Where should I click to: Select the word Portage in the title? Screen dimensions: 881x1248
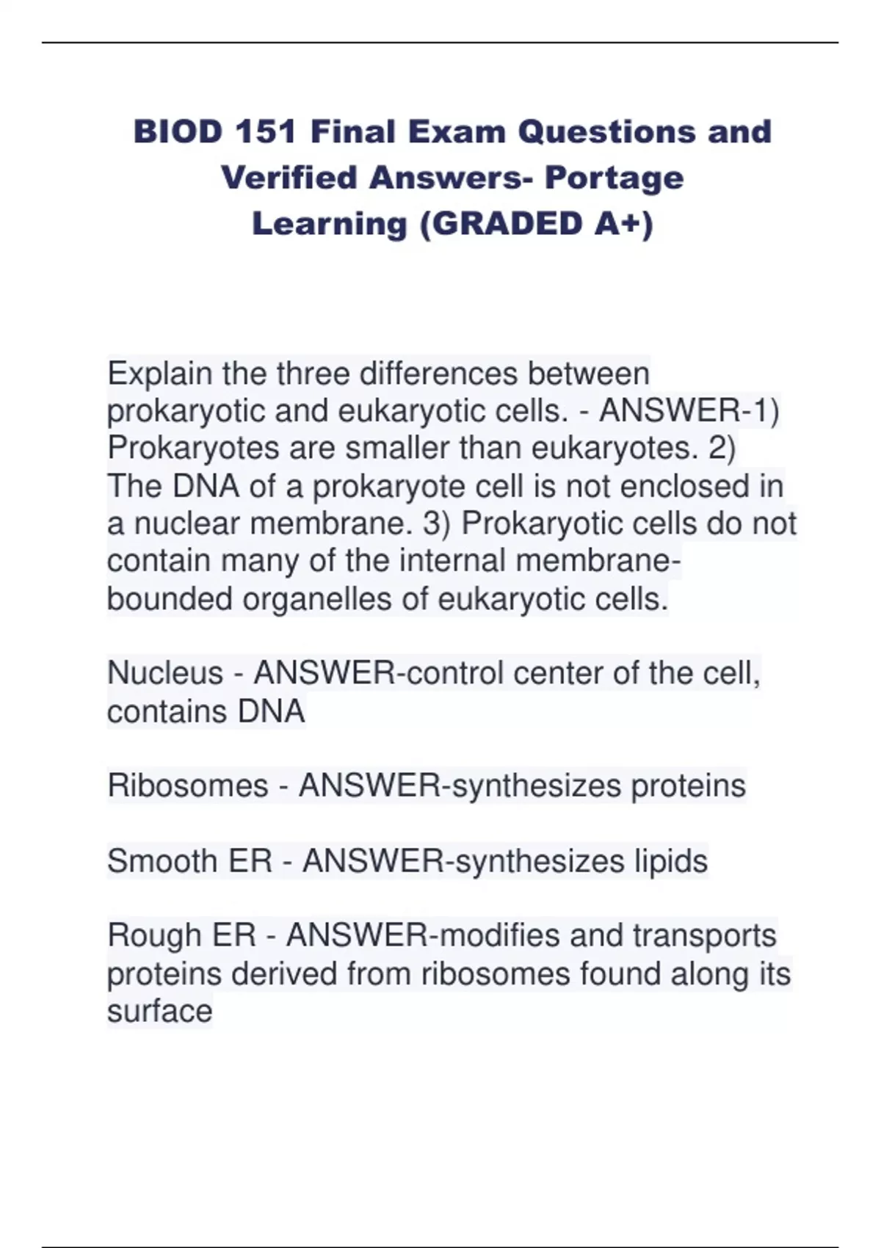click(614, 179)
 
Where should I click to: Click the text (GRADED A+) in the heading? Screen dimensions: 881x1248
click(536, 225)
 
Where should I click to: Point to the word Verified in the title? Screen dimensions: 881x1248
click(289, 178)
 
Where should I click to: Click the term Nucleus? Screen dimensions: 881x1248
click(165, 673)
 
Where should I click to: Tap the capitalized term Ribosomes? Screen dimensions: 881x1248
click(188, 786)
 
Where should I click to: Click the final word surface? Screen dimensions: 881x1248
click(160, 1012)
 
